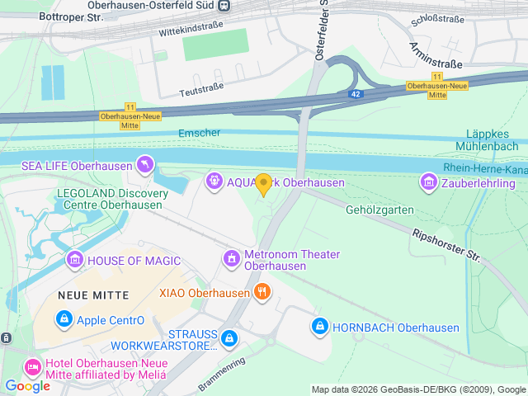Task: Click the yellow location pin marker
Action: tap(263, 185)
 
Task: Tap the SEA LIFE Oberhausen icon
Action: tap(146, 166)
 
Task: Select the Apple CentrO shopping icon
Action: tap(63, 319)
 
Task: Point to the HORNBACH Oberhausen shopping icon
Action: tap(319, 327)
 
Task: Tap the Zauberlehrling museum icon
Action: tap(428, 181)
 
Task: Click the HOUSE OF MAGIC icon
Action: tap(75, 261)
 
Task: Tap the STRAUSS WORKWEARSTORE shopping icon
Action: tap(230, 338)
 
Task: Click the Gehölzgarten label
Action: tap(379, 210)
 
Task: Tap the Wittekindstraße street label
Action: tap(192, 33)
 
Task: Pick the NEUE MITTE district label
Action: tap(93, 295)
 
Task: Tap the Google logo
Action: tap(26, 385)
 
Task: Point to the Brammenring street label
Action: tap(221, 374)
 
